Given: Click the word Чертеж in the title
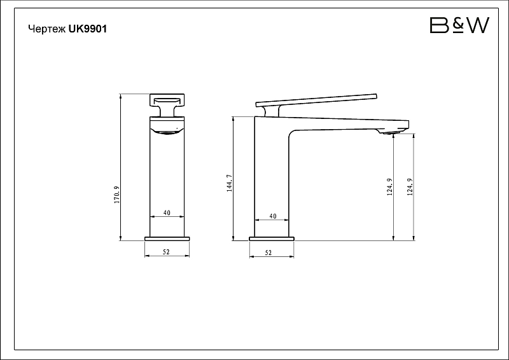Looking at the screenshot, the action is (47, 29).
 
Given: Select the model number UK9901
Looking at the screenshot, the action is (88, 29).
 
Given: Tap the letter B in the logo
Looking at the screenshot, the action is (439, 25).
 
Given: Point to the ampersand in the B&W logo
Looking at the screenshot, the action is (458, 25).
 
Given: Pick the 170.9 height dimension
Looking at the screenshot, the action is (117, 195).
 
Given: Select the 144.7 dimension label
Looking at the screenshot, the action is (230, 183).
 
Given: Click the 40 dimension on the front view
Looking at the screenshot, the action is (167, 213).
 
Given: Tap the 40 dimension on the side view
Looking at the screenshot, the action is (273, 216).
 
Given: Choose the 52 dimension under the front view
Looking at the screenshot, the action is (166, 252).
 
